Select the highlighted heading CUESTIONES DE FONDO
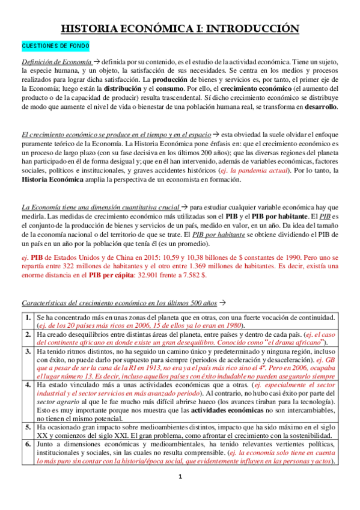55,46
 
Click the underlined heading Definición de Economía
56,62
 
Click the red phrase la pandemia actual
266,171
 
